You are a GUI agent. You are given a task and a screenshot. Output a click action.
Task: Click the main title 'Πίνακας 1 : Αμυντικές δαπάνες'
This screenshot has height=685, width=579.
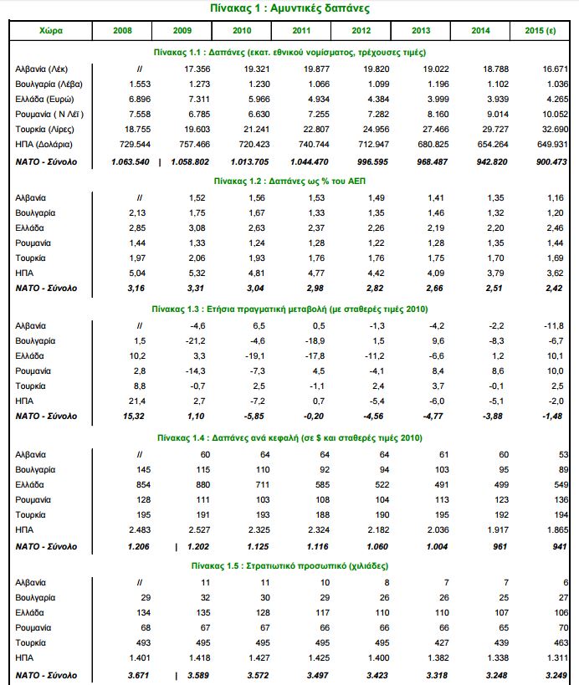289,8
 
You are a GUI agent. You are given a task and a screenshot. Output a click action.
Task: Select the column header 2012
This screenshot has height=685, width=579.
361,30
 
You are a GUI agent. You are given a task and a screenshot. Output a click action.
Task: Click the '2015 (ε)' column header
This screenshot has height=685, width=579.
541,30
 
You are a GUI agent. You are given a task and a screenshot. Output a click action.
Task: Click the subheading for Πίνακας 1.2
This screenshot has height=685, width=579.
289,179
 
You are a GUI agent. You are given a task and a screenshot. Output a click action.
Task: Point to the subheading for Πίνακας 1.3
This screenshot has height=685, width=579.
289,307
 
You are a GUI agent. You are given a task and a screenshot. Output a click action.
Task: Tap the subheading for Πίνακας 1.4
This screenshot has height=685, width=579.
289,437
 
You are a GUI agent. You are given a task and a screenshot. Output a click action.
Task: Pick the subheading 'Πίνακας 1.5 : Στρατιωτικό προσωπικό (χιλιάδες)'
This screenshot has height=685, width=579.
289,565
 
